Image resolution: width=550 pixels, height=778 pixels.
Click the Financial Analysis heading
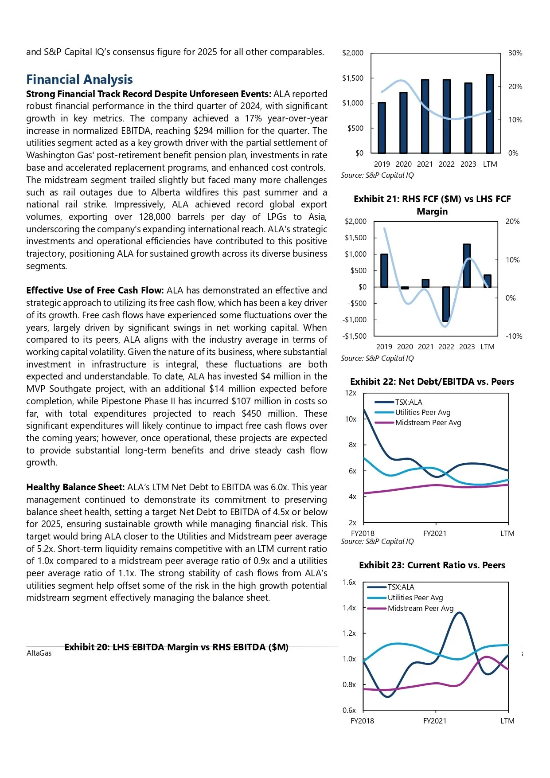(79, 79)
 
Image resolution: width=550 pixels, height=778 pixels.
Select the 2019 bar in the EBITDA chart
(382, 128)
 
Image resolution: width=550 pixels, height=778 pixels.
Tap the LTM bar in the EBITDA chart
(490, 114)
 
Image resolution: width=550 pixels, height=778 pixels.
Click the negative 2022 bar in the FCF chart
(446, 304)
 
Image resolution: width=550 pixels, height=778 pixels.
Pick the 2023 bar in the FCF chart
(467, 266)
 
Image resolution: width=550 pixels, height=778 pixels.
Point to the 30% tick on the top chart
(515, 53)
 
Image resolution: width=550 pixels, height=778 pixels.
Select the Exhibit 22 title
(432, 382)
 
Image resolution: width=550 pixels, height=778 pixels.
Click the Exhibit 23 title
(432, 565)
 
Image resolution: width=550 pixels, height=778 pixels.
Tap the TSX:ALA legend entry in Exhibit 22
(408, 402)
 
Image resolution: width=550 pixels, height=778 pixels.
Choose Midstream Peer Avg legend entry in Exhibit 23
(420, 608)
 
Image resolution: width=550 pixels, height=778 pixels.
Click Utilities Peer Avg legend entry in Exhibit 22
(422, 412)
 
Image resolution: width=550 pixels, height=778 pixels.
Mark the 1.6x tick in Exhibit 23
(349, 582)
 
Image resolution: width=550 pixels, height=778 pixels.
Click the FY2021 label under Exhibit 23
(435, 721)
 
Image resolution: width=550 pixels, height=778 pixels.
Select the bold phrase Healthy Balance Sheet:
(75, 487)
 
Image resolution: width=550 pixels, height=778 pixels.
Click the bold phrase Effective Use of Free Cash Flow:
(95, 290)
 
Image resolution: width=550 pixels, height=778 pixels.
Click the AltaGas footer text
(39, 653)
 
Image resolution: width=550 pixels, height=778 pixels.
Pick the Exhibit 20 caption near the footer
(176, 647)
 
